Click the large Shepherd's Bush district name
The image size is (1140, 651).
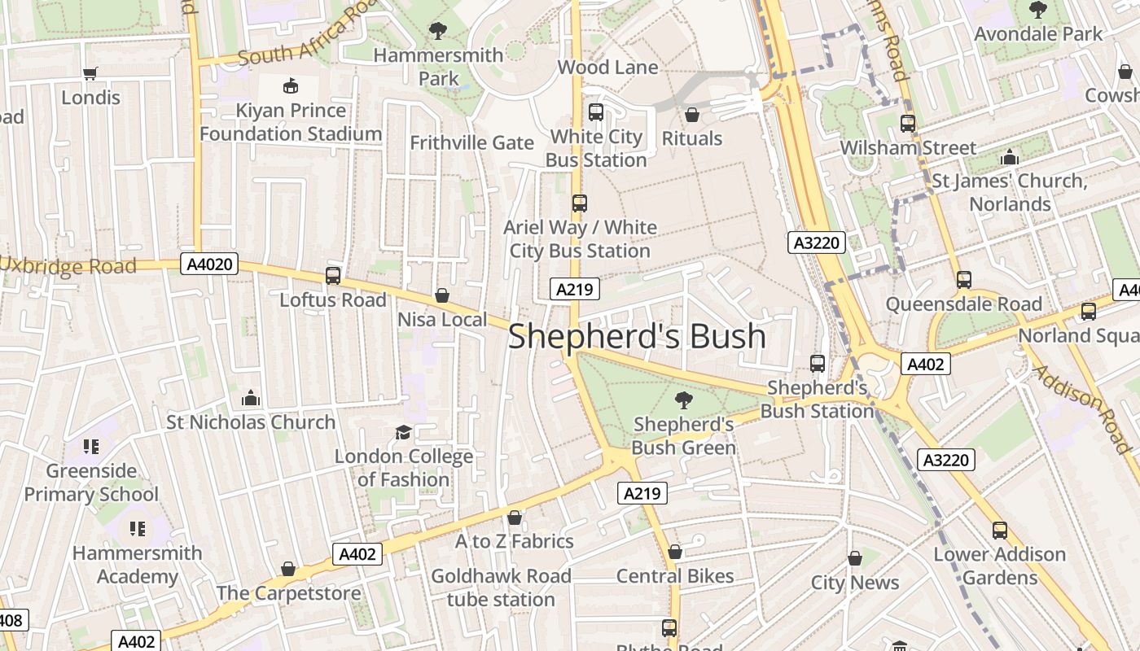637,336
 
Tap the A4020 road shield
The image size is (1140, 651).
208,264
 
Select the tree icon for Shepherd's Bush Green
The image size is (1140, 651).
684,400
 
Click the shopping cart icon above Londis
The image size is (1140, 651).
90,73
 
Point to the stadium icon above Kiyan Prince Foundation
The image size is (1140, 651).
291,85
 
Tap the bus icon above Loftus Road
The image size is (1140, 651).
333,276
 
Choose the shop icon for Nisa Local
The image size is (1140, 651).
442,295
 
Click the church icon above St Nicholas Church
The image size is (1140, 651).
251,398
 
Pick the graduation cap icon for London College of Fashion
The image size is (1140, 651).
403,432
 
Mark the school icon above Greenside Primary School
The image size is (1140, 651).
91,446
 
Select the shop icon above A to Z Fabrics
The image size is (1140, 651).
515,518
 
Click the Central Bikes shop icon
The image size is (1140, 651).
675,552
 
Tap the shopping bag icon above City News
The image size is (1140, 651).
855,558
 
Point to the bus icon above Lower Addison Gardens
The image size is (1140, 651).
1000,531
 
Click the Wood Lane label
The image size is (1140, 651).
607,68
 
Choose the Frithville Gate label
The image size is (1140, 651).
471,143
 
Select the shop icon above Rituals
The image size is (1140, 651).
692,114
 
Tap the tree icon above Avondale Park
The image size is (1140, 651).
1038,10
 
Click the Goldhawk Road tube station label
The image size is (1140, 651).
501,588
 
